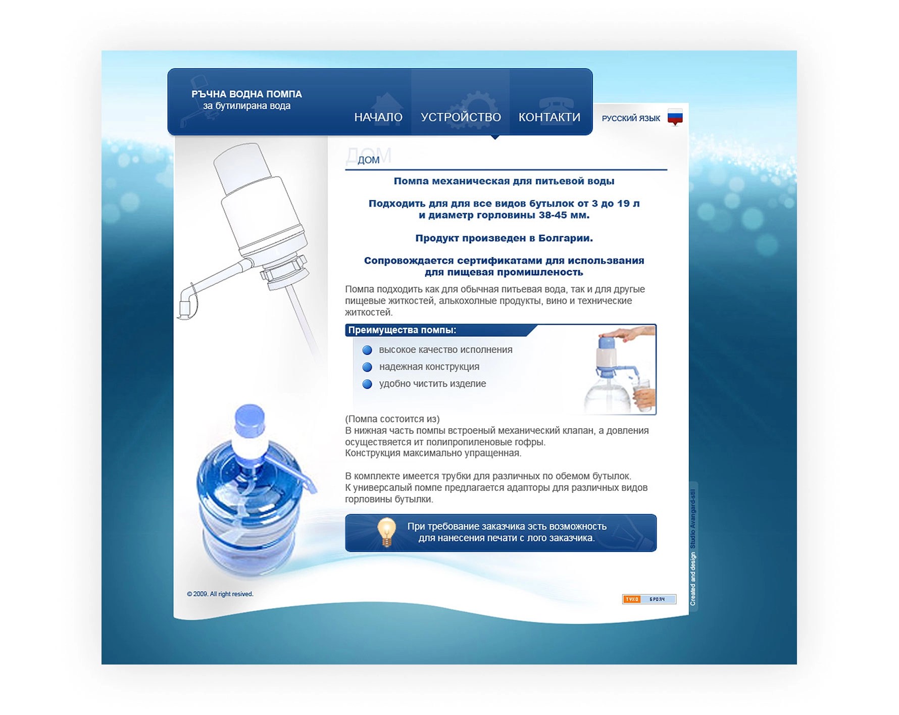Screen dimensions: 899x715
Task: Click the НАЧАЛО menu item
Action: pos(378,117)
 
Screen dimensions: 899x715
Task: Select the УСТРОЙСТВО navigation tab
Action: pos(461,117)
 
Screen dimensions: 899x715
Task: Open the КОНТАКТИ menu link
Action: pos(549,117)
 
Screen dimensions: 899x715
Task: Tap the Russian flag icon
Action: pos(675,117)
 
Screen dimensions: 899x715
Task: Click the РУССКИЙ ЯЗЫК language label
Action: pos(631,118)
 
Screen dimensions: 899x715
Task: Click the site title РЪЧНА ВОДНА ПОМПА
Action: pos(246,94)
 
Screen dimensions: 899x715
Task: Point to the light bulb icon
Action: pos(386,532)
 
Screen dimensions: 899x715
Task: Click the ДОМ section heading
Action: pos(368,160)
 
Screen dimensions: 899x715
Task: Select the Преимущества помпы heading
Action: pos(402,330)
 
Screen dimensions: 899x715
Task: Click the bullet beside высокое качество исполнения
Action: pos(367,350)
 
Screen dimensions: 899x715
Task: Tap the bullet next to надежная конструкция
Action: pos(367,367)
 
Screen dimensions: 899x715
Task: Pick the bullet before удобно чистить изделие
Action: pos(367,384)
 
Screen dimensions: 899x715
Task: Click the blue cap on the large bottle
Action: pos(250,420)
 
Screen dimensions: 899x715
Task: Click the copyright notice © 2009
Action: pos(220,594)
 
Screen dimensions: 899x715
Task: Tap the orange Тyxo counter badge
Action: pos(632,599)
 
